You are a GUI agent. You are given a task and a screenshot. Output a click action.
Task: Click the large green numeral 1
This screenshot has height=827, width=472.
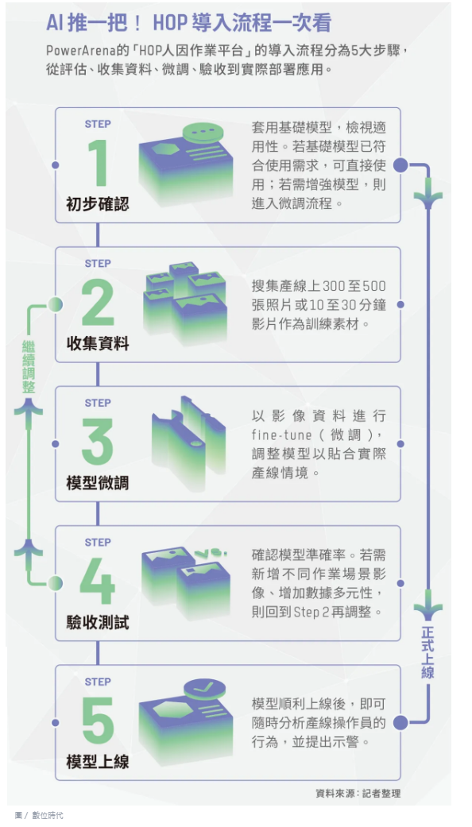99,164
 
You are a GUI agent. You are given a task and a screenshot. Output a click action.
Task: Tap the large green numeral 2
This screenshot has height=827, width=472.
98,303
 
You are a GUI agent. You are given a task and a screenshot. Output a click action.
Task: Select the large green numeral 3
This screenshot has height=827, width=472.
98,442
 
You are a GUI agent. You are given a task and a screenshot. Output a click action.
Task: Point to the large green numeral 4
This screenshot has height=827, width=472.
98,582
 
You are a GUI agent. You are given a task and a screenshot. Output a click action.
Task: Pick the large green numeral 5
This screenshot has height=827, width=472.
98,721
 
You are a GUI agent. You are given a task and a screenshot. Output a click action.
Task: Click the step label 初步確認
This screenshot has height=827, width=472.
98,205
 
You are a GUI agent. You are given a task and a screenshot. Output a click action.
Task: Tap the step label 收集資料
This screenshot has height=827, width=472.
98,345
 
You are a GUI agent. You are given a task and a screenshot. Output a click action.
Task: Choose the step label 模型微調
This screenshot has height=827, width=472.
98,484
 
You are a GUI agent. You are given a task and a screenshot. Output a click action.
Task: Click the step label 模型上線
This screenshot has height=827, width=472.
98,763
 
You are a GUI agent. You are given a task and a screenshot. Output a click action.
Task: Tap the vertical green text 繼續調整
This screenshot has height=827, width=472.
29,367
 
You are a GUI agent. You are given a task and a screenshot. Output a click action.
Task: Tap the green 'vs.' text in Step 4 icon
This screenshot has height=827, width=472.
211,553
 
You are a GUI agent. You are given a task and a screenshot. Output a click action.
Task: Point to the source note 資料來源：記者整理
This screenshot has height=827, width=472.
358,794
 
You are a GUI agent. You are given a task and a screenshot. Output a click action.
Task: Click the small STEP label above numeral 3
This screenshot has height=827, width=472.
98,403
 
